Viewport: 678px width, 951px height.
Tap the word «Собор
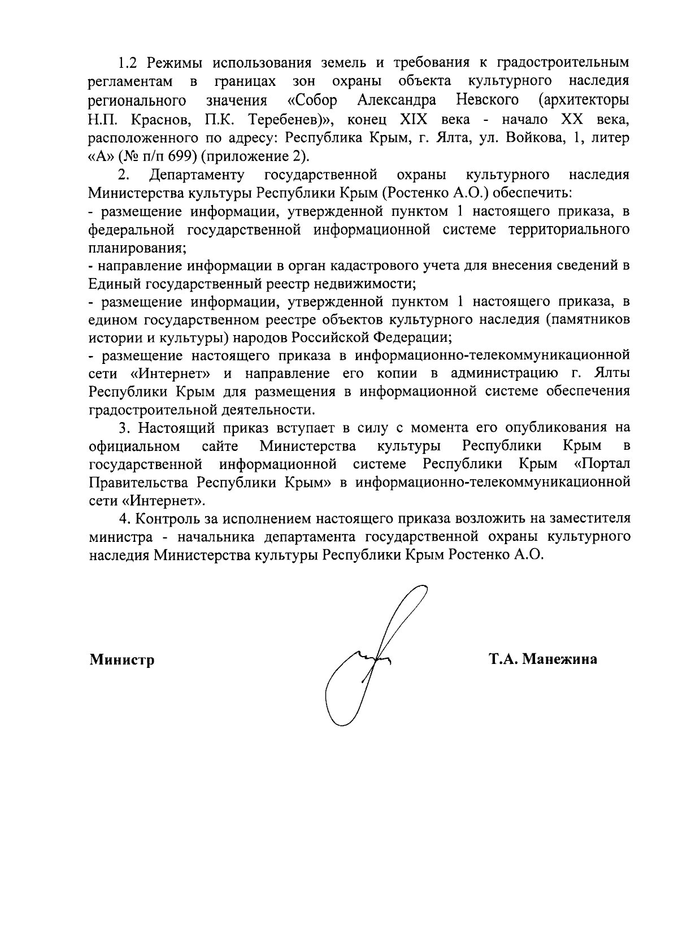(312, 101)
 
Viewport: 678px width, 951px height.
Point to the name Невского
(487, 101)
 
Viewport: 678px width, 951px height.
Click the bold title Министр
(122, 659)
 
